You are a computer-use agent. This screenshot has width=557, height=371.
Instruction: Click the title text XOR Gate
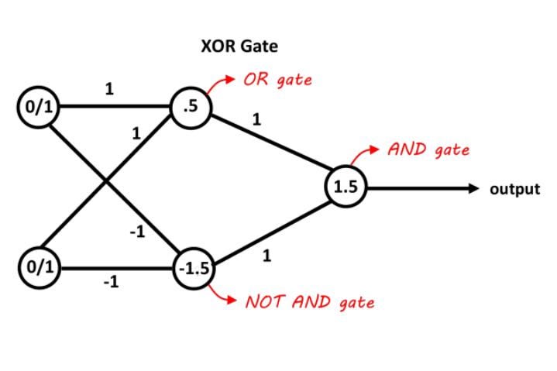point(239,46)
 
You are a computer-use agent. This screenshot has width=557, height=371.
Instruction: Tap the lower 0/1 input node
point(37,269)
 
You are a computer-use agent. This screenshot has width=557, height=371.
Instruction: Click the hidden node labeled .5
point(189,108)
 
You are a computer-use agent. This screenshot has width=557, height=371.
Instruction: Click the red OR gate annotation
point(277,81)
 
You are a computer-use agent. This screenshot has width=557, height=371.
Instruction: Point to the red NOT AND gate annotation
point(309,302)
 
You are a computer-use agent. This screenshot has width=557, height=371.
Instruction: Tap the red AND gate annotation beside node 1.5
point(430,149)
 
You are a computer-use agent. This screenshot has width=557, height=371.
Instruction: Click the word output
point(514,189)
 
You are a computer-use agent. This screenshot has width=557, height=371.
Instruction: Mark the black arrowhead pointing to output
point(472,188)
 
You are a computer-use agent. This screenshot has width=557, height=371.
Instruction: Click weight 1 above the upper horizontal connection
point(109,89)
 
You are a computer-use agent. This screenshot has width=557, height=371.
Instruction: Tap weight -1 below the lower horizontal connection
point(110,283)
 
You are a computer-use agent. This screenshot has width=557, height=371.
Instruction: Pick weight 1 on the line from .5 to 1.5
point(256,120)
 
